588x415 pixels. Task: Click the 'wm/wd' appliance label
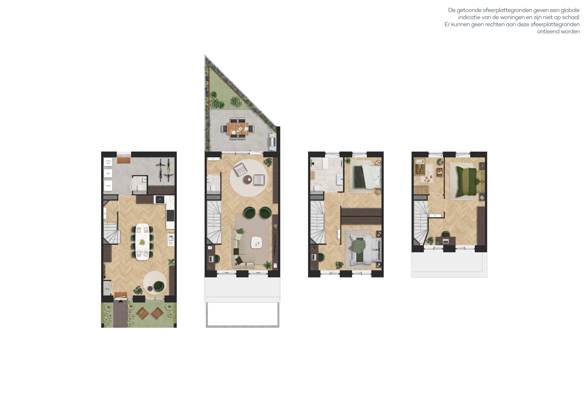108,162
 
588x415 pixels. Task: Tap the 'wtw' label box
108,186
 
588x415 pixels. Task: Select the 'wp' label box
108,173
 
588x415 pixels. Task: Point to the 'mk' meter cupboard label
107,289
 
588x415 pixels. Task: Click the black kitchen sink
160,199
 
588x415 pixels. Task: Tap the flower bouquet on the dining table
142,242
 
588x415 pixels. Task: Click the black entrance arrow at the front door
121,301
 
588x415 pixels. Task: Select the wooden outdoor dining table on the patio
238,128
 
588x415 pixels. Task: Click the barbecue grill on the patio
272,142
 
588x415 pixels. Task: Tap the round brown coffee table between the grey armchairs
248,179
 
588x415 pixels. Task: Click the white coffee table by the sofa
256,242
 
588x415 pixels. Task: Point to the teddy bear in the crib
420,167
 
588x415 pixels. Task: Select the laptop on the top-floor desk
446,241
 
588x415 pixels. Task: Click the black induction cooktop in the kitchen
170,216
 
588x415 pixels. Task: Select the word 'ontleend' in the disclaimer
547,32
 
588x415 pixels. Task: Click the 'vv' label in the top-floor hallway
435,216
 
